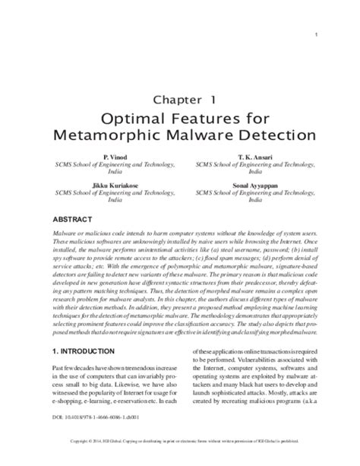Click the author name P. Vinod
tap(106, 156)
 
